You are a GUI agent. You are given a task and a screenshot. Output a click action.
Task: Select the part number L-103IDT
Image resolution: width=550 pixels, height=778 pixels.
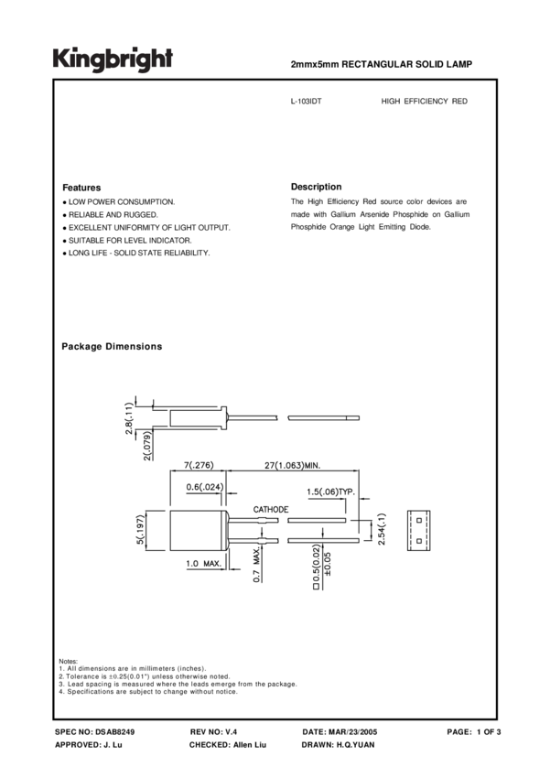[x=306, y=101]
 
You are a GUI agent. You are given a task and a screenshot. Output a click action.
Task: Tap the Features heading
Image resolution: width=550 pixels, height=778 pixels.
[x=81, y=187]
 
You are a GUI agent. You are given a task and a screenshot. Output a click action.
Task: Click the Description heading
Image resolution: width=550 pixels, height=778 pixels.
[x=316, y=186]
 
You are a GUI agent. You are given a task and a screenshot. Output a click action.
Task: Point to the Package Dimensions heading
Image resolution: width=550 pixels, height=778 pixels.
[x=112, y=347]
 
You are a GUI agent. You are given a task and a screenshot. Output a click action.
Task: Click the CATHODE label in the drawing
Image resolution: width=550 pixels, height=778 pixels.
[x=270, y=509]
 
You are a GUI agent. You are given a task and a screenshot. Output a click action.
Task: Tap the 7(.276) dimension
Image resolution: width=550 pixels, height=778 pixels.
[x=195, y=466]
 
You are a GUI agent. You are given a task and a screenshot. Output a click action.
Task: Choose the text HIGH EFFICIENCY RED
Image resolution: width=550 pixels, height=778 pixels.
[x=424, y=101]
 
